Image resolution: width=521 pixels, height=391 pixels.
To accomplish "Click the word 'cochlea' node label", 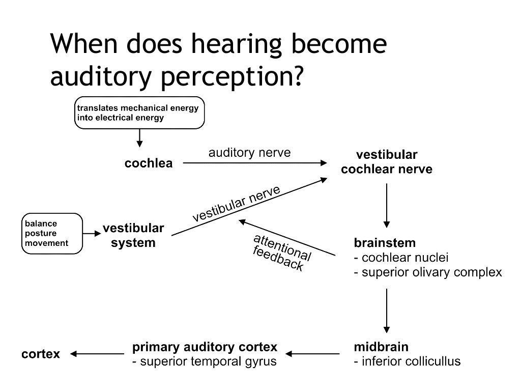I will point(148,163).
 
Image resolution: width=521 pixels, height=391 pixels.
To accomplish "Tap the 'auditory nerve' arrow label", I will point(249,153).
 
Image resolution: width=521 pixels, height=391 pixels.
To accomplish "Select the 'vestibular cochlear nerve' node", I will point(386,162).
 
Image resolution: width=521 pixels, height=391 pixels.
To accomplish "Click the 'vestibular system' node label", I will point(133,235).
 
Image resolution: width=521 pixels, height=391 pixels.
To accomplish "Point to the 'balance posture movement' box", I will point(52,233).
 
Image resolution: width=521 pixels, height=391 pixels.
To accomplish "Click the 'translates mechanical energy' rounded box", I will point(139,113).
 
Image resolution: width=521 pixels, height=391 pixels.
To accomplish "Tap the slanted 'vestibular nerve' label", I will point(236,204).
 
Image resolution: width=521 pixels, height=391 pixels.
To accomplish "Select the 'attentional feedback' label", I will point(281,253).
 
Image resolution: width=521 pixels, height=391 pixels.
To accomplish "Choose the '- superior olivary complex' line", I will point(427,272).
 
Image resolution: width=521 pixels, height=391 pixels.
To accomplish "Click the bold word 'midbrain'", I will point(381,347).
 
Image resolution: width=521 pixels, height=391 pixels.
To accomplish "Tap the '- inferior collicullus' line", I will point(407,361).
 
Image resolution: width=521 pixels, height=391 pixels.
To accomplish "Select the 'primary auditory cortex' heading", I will point(205,347).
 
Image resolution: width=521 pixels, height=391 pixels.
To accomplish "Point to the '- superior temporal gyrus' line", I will point(204,361).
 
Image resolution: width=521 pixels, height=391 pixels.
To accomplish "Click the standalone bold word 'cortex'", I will point(41,354).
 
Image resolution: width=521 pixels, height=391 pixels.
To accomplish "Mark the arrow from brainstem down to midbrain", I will point(387,311).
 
